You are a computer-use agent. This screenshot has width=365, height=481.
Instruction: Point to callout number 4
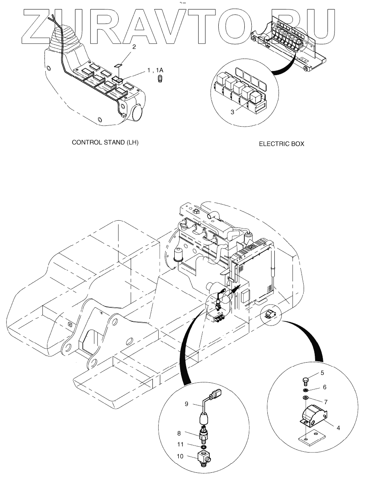338,428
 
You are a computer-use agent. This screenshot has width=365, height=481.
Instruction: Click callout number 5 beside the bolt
322,373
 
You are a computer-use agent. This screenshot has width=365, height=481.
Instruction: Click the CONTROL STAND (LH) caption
105,143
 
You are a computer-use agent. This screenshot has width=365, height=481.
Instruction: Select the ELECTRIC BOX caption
281,144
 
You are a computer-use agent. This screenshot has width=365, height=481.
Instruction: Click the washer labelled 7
305,398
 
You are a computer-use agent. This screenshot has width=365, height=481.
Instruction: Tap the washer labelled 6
305,390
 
